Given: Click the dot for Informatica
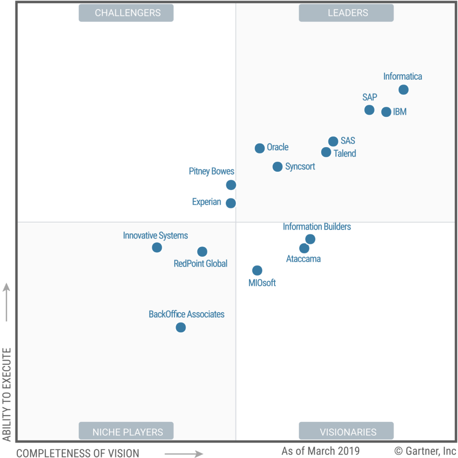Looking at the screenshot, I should coord(403,90).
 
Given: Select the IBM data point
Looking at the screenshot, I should coord(386,112).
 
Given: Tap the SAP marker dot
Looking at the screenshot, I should coord(369,110).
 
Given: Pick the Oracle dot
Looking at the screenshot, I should coord(259,148).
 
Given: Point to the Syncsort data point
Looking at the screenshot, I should coord(277,167).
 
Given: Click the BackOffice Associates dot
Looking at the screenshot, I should coord(181,327).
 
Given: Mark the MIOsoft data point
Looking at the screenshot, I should coord(257,271).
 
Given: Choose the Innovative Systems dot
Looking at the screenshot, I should coord(157,247).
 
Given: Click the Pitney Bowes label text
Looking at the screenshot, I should coord(212,171).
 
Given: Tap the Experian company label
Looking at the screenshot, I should coord(207,202).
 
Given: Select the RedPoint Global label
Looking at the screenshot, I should coord(200,263).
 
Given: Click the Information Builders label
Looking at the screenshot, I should coord(317,227).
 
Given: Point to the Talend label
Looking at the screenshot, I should coord(345,153).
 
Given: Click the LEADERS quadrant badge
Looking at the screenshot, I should coord(346,13).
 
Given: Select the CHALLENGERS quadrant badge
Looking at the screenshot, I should coord(126,13).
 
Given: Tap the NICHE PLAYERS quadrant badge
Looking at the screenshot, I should coord(126,432).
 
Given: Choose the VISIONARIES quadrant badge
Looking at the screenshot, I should coord(346,432).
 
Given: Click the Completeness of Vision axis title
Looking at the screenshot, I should coord(78,453).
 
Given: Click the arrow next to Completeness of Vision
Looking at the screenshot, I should coord(184,454).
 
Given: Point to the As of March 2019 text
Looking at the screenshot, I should coord(320,450).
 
